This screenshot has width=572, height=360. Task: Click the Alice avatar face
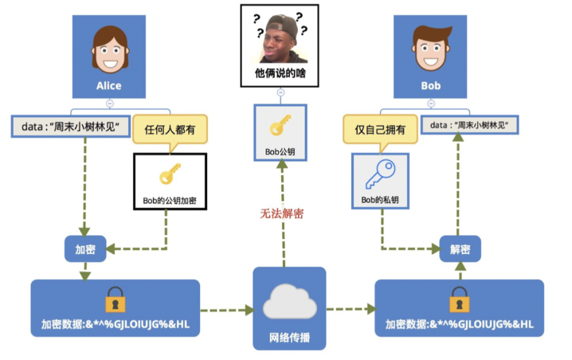tap(109, 47)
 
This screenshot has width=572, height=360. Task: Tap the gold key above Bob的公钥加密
tap(170, 173)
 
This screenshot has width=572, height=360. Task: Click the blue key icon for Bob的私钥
tap(379, 173)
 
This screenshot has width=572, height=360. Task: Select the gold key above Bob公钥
tap(280, 127)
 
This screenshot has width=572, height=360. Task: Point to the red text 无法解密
tap(281, 213)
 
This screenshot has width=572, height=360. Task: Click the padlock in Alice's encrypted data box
tap(116, 301)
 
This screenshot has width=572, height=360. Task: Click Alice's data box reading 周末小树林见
tap(71, 126)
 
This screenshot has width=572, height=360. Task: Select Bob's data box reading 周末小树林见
tap(469, 125)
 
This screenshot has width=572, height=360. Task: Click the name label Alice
tap(109, 85)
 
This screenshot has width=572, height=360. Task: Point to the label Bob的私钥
tap(379, 199)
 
